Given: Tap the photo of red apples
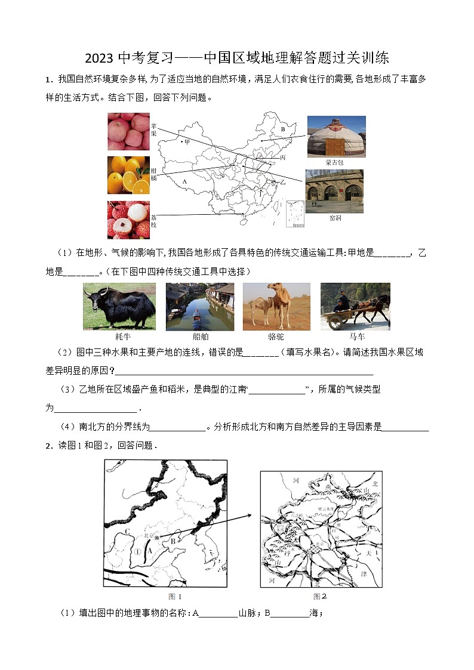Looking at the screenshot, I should pyautogui.click(x=128, y=131).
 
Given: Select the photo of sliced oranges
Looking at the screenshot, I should pyautogui.click(x=128, y=175).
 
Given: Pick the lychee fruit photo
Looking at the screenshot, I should pyautogui.click(x=128, y=220).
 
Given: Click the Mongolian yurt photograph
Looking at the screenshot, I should pyautogui.click(x=336, y=137).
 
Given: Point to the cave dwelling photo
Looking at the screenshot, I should pyautogui.click(x=334, y=191).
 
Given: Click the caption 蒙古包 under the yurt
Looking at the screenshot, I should pyautogui.click(x=335, y=162).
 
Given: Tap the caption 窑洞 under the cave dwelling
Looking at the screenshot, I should pyautogui.click(x=336, y=218).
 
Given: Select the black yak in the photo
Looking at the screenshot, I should pyautogui.click(x=119, y=305).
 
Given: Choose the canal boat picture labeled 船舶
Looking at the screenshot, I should pyautogui.click(x=199, y=307).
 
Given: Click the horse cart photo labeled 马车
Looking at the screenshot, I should pyautogui.click(x=355, y=307).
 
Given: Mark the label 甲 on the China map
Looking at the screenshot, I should pyautogui.click(x=186, y=142).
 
